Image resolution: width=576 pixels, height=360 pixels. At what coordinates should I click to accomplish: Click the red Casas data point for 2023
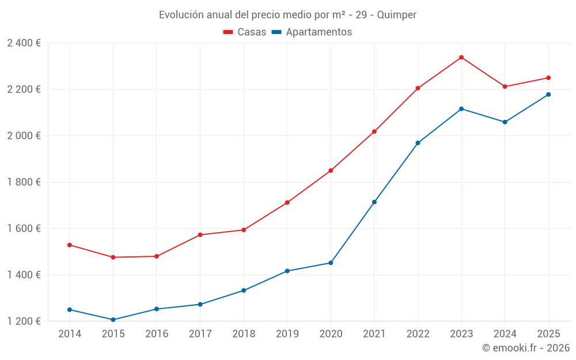(461, 57)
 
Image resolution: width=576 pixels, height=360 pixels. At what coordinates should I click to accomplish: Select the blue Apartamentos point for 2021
(374, 202)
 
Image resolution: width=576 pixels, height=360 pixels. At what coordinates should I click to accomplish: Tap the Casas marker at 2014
(70, 245)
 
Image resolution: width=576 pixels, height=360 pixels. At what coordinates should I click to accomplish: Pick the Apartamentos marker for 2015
(113, 320)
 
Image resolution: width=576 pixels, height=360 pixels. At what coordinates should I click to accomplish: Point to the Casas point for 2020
(331, 170)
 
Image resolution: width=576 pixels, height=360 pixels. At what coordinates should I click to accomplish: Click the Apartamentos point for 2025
(548, 94)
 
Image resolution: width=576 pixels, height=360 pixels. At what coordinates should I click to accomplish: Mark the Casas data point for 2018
(244, 230)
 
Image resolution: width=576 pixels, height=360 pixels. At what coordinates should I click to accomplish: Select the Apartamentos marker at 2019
(287, 271)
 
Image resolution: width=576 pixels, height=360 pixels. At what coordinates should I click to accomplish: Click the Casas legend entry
(245, 32)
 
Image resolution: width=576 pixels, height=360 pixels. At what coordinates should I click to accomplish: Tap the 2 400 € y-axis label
(24, 43)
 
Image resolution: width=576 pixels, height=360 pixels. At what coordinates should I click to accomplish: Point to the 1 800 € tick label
(24, 182)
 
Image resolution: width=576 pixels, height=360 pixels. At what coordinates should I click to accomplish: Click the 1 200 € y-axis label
(24, 321)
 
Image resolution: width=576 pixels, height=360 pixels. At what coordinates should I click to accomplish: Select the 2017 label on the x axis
(200, 334)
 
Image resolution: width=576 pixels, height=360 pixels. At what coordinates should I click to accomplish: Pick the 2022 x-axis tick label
(418, 334)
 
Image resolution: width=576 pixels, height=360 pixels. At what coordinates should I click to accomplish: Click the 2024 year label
(505, 334)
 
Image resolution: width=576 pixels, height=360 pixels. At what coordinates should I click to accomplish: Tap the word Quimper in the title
(397, 15)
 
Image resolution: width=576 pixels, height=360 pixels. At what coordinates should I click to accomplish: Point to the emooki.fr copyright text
(526, 347)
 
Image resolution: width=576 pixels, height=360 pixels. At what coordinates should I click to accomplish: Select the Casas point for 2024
(505, 86)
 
